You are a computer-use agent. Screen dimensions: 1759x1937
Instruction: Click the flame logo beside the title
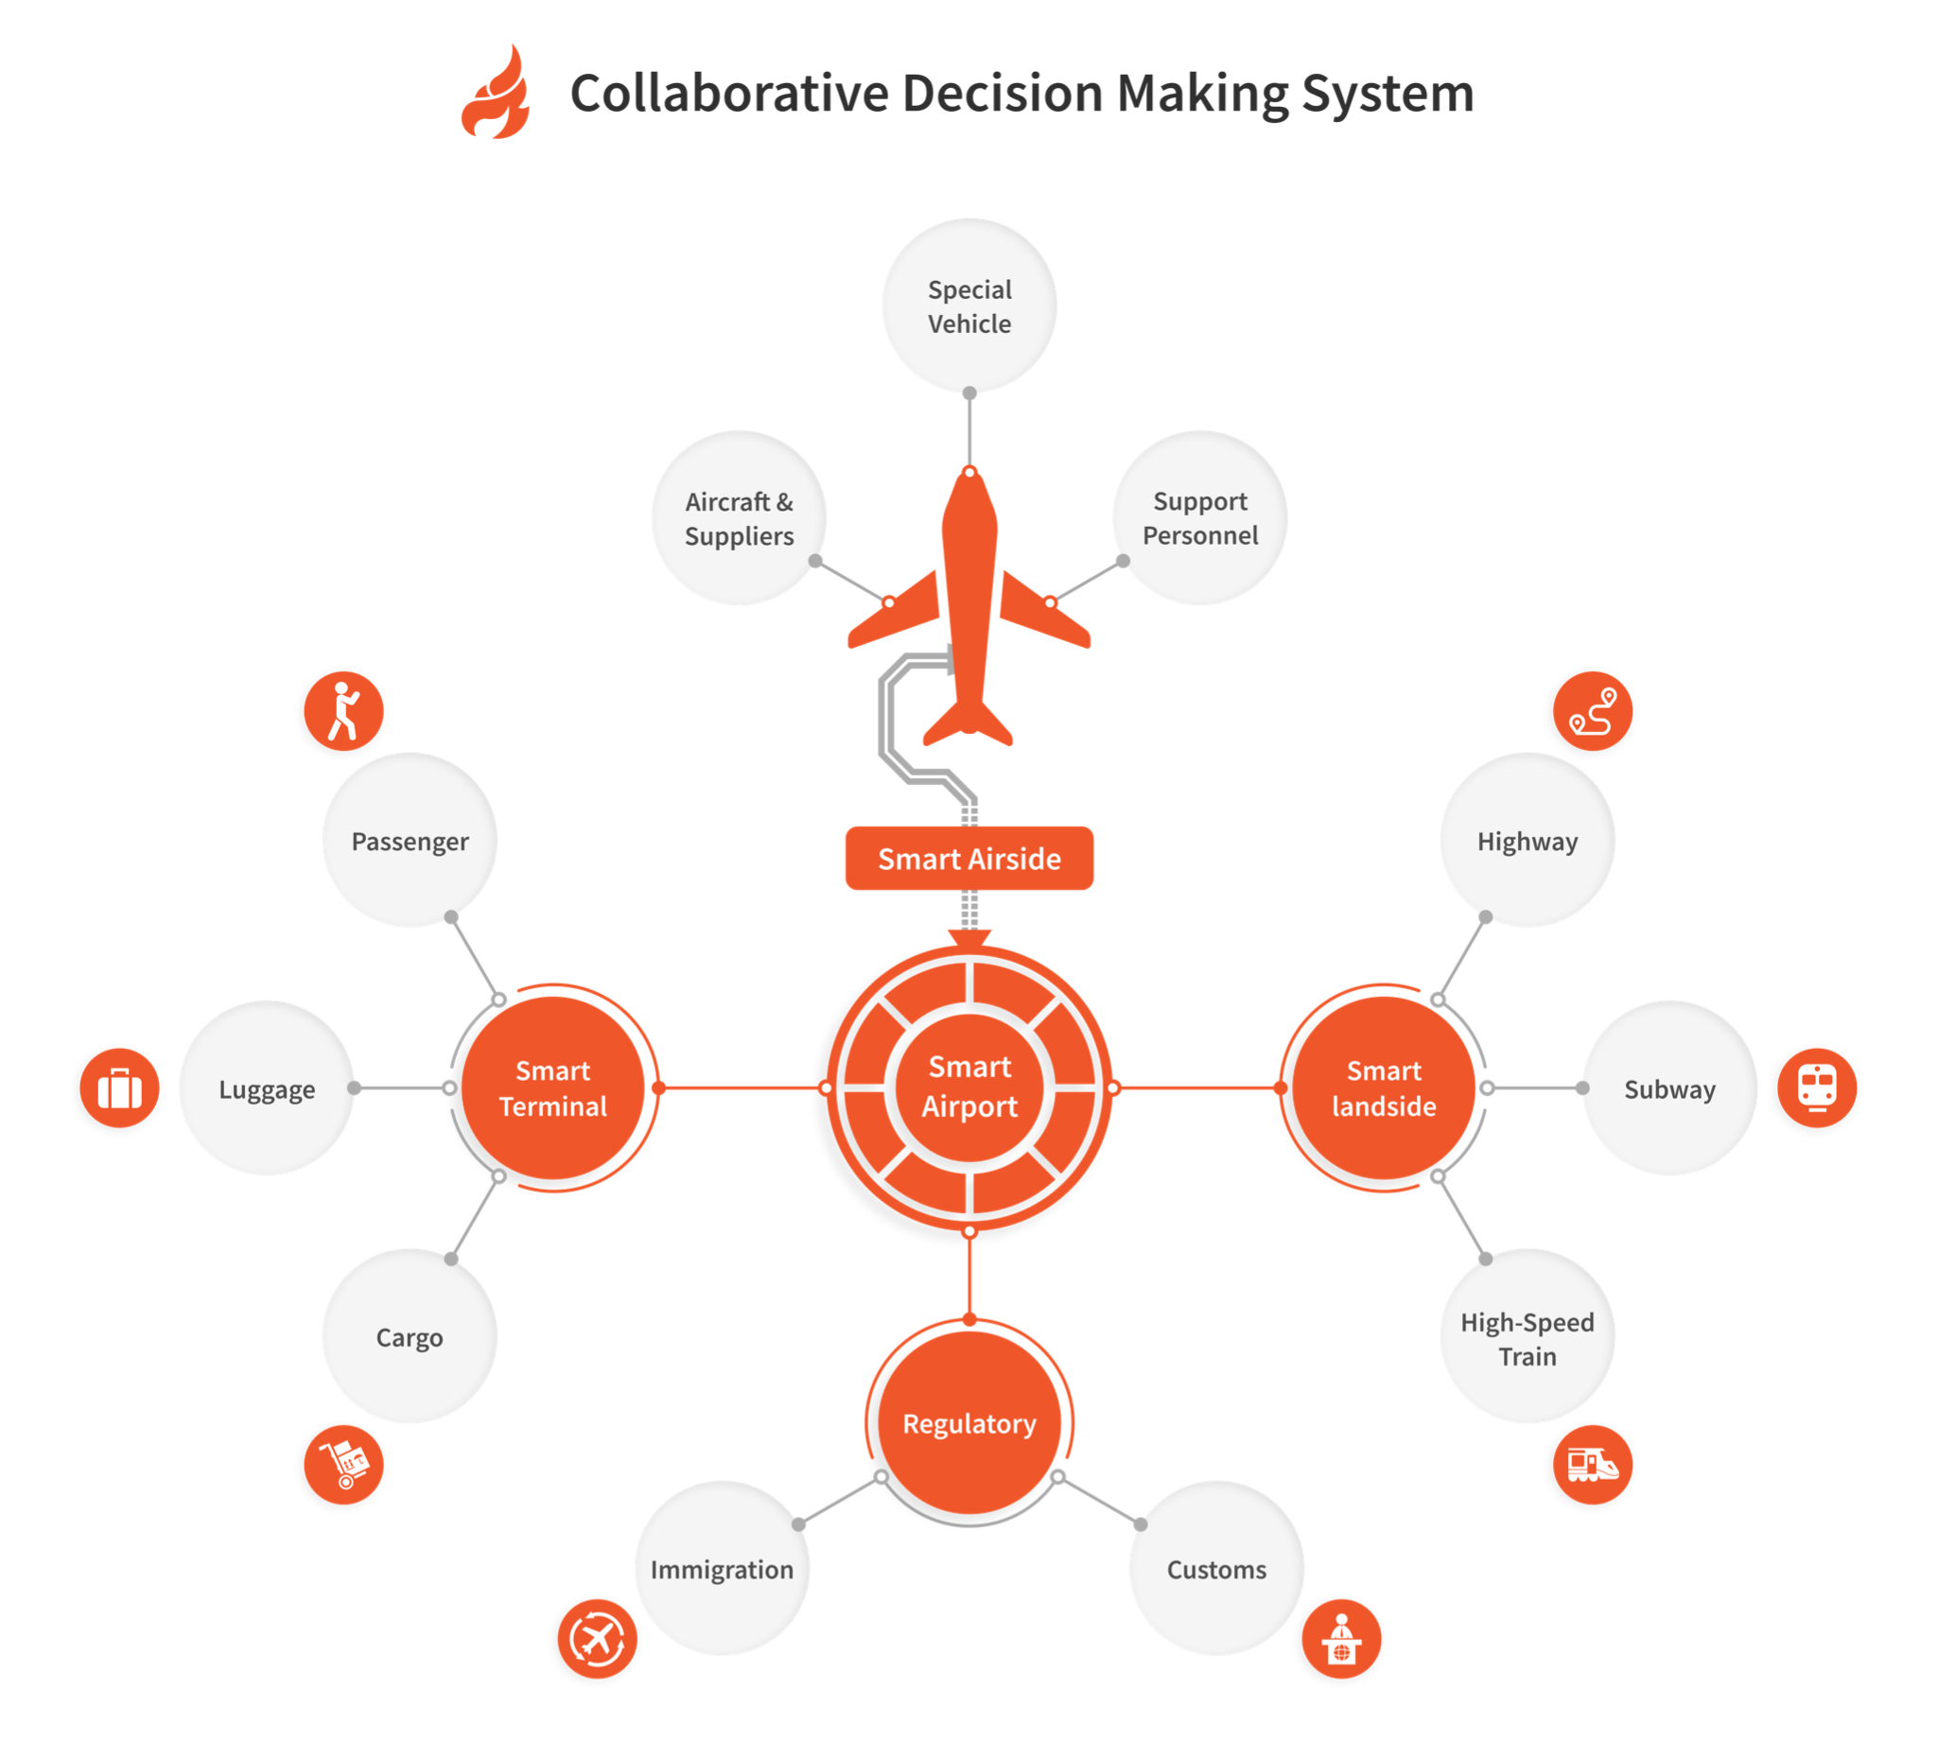497,94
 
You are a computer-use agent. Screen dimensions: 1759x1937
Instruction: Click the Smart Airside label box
968,858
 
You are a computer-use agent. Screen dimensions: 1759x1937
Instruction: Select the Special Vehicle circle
968,305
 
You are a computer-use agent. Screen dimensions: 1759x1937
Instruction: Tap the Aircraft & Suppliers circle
739,518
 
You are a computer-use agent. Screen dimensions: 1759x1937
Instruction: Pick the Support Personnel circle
1199,518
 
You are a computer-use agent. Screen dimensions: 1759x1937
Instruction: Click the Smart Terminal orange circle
552,1088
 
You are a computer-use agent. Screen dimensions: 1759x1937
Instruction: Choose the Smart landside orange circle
1383,1088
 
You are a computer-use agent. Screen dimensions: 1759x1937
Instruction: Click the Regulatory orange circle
968,1422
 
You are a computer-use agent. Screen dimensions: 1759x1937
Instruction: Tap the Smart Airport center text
968,1086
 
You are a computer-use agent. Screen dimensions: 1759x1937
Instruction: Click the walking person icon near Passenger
343,711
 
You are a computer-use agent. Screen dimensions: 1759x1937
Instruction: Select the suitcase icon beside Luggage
119,1088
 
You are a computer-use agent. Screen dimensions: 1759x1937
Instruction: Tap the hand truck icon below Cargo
343,1464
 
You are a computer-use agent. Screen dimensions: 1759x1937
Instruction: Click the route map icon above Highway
1592,711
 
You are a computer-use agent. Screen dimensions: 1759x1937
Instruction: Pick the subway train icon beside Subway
1816,1088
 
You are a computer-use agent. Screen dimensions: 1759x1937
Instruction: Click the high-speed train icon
1592,1464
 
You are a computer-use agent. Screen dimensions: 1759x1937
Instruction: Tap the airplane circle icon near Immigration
597,1638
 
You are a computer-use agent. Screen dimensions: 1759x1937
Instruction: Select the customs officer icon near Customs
1341,1638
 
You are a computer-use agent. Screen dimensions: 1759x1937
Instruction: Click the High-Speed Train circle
1527,1336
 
